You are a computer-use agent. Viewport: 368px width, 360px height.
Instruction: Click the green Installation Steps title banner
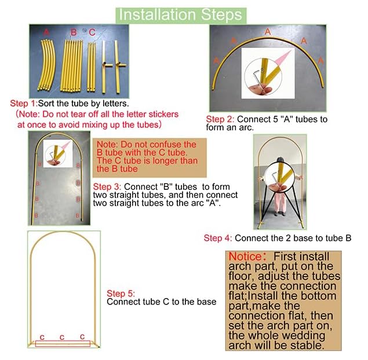(181, 16)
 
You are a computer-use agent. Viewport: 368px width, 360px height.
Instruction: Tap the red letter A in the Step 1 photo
(46, 32)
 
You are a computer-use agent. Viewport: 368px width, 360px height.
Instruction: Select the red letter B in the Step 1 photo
(74, 32)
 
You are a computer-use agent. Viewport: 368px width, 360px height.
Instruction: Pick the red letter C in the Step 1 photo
(92, 32)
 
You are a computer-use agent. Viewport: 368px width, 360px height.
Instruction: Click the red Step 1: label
(24, 104)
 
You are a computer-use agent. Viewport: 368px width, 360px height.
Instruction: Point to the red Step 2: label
(220, 119)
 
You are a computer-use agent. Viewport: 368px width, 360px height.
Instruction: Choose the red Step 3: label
(107, 187)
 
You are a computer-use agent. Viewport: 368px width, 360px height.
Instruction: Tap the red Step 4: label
(218, 238)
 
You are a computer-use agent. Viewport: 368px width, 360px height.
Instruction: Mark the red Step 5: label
(121, 293)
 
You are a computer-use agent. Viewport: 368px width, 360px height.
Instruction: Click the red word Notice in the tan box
(245, 256)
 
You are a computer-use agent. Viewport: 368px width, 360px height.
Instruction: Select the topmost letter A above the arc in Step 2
(268, 32)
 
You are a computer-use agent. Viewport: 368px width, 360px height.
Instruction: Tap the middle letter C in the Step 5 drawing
(62, 337)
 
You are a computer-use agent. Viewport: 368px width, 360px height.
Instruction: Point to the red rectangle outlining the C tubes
(63, 344)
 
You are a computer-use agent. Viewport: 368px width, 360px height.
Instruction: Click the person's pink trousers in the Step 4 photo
(280, 202)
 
